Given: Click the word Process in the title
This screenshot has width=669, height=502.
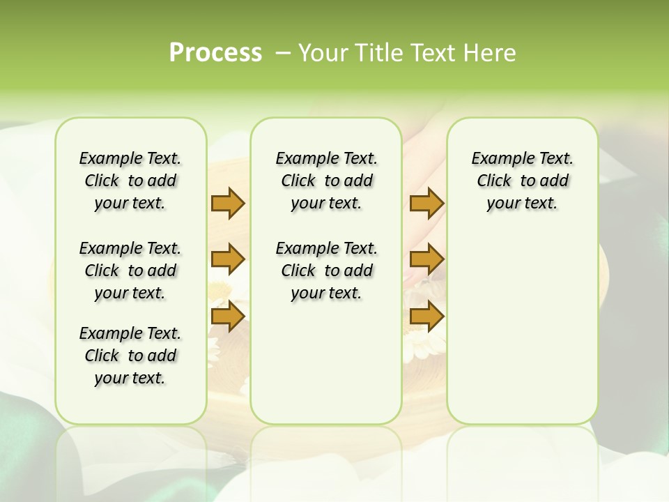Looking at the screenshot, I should click(215, 53).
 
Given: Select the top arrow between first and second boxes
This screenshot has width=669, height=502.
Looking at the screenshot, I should click(228, 203).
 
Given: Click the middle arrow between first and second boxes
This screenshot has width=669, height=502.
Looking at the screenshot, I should click(228, 259).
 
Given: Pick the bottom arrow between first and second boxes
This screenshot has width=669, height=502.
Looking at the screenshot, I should click(228, 317).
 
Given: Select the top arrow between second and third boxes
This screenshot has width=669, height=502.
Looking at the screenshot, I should click(426, 203).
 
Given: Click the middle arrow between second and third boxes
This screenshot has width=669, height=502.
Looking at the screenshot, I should click(426, 259).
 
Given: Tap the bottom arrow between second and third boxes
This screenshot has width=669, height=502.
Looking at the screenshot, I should click(426, 317).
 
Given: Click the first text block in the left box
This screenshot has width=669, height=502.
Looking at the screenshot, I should click(130, 181).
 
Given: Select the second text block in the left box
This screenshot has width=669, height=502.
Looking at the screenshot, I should click(130, 271).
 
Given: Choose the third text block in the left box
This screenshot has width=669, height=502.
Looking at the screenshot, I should click(130, 356).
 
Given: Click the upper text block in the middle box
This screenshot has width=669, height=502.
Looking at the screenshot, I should click(326, 181).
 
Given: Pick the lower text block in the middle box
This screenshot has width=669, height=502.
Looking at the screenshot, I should click(326, 271).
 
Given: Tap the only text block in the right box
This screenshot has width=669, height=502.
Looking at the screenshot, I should click(522, 181).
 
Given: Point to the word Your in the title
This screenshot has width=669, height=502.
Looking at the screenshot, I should click(323, 53).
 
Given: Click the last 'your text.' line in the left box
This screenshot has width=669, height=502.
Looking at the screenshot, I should click(130, 378).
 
